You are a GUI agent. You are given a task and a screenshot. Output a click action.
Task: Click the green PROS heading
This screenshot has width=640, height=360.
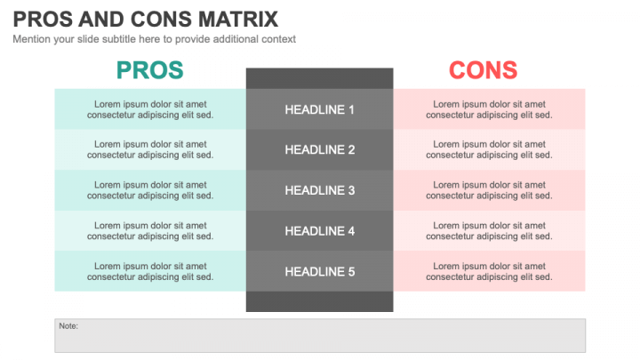tap(150, 70)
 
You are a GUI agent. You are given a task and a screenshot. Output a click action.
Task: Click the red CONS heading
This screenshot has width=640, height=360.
tap(484, 70)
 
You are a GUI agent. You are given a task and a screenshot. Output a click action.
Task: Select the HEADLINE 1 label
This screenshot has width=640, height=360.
tap(320, 109)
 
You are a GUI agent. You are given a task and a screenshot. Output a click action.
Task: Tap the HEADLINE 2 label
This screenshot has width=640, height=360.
tap(320, 150)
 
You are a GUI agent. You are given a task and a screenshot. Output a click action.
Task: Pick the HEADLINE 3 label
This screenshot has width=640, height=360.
tap(320, 190)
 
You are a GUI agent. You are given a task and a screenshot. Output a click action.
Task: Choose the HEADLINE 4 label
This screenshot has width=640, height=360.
tap(320, 231)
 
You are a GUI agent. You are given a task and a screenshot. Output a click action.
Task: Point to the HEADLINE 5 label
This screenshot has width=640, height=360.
tap(320, 271)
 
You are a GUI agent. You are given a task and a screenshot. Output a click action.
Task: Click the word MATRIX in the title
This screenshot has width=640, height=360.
tap(238, 20)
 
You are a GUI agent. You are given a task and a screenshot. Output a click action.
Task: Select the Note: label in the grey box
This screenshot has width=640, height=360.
tap(68, 326)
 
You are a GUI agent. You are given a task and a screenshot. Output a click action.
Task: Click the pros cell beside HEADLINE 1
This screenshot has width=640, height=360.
tap(150, 109)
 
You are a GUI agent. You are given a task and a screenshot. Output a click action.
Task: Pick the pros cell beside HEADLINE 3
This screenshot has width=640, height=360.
tap(150, 190)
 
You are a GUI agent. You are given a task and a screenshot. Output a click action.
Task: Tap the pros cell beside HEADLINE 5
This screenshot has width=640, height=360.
tap(150, 271)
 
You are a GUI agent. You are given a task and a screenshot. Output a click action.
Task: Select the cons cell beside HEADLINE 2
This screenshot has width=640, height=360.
tap(489, 150)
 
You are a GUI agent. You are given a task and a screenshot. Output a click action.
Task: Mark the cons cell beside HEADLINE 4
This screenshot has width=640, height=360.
tap(489, 231)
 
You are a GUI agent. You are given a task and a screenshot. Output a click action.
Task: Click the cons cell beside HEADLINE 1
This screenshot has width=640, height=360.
tap(489, 109)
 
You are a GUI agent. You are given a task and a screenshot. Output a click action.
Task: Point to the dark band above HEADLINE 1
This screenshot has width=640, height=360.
tap(320, 78)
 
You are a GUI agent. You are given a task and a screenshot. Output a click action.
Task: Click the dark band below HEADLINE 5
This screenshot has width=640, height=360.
tap(320, 301)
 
